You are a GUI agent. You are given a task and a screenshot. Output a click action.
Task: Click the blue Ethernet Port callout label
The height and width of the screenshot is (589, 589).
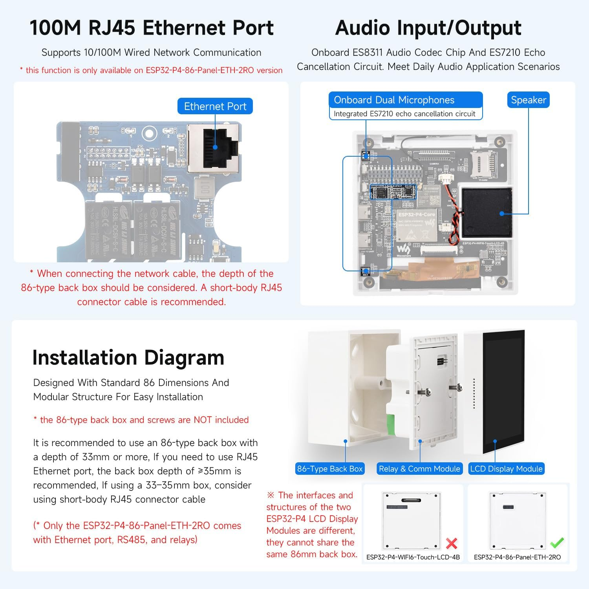[x=215, y=106]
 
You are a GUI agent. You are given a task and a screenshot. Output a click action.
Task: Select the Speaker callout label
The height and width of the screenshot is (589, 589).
[x=528, y=100]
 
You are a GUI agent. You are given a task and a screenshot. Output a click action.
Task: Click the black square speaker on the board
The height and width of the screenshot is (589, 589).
[x=487, y=213]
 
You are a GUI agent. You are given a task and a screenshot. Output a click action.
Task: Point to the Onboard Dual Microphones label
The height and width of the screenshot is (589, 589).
[x=394, y=100]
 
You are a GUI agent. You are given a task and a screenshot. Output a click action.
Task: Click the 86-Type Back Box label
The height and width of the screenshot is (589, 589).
[x=330, y=469]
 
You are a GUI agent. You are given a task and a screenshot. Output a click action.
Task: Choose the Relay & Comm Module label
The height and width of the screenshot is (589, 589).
[x=419, y=469]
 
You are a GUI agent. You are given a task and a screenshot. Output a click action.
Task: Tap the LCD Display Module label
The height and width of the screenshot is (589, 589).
[x=506, y=469]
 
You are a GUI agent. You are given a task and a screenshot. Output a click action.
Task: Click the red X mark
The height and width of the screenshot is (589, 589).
[x=452, y=543]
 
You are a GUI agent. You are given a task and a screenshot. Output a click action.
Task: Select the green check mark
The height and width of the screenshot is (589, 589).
[x=557, y=543]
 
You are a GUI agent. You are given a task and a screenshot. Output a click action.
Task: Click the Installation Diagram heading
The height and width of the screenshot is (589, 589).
[x=128, y=358]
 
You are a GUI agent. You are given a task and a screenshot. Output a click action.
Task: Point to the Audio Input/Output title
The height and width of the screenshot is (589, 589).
[x=428, y=28]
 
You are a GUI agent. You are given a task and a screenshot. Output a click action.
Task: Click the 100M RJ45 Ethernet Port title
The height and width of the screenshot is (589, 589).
[x=152, y=28]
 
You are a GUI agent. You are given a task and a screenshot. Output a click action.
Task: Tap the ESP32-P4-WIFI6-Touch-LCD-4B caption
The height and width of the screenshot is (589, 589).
[x=413, y=557]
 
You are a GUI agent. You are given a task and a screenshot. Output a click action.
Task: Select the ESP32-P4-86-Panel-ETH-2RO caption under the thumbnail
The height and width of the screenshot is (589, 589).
[x=517, y=557]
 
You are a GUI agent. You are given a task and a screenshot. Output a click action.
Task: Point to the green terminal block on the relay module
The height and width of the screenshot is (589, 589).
[x=391, y=424]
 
